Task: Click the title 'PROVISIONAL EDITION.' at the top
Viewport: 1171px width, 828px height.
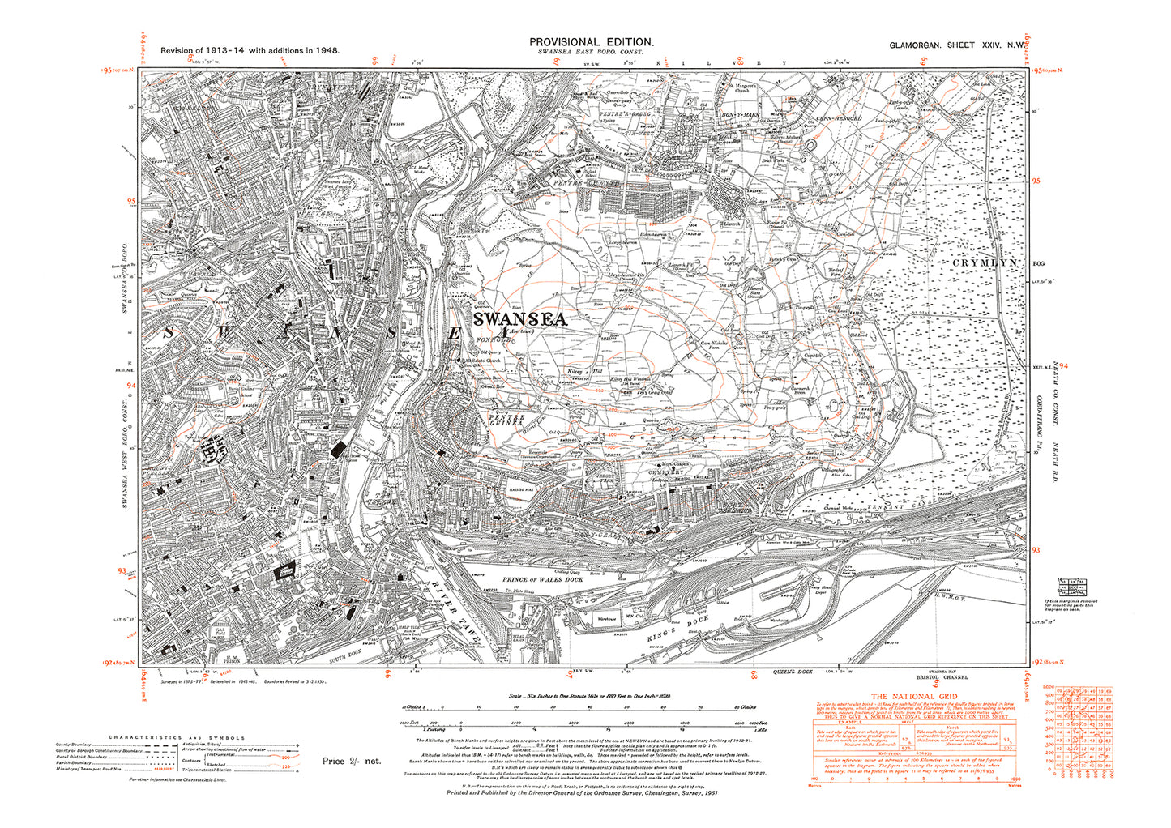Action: coord(591,41)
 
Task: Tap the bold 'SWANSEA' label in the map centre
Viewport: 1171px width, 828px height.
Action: coord(519,320)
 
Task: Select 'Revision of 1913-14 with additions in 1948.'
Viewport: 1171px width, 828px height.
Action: coord(250,50)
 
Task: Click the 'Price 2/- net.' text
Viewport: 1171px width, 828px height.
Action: coord(351,761)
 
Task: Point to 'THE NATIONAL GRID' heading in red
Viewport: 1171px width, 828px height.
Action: coord(913,697)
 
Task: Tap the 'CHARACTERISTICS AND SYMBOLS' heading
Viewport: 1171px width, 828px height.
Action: coord(177,737)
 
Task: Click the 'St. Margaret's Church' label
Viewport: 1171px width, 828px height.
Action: coord(740,87)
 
